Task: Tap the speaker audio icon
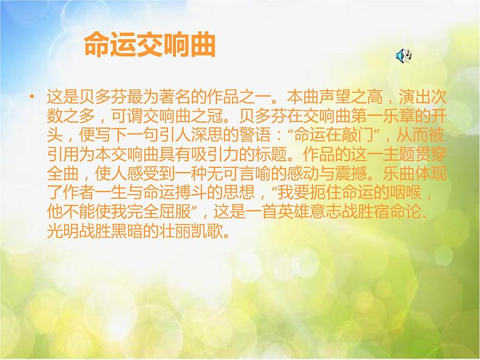pyautogui.click(x=403, y=56)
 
